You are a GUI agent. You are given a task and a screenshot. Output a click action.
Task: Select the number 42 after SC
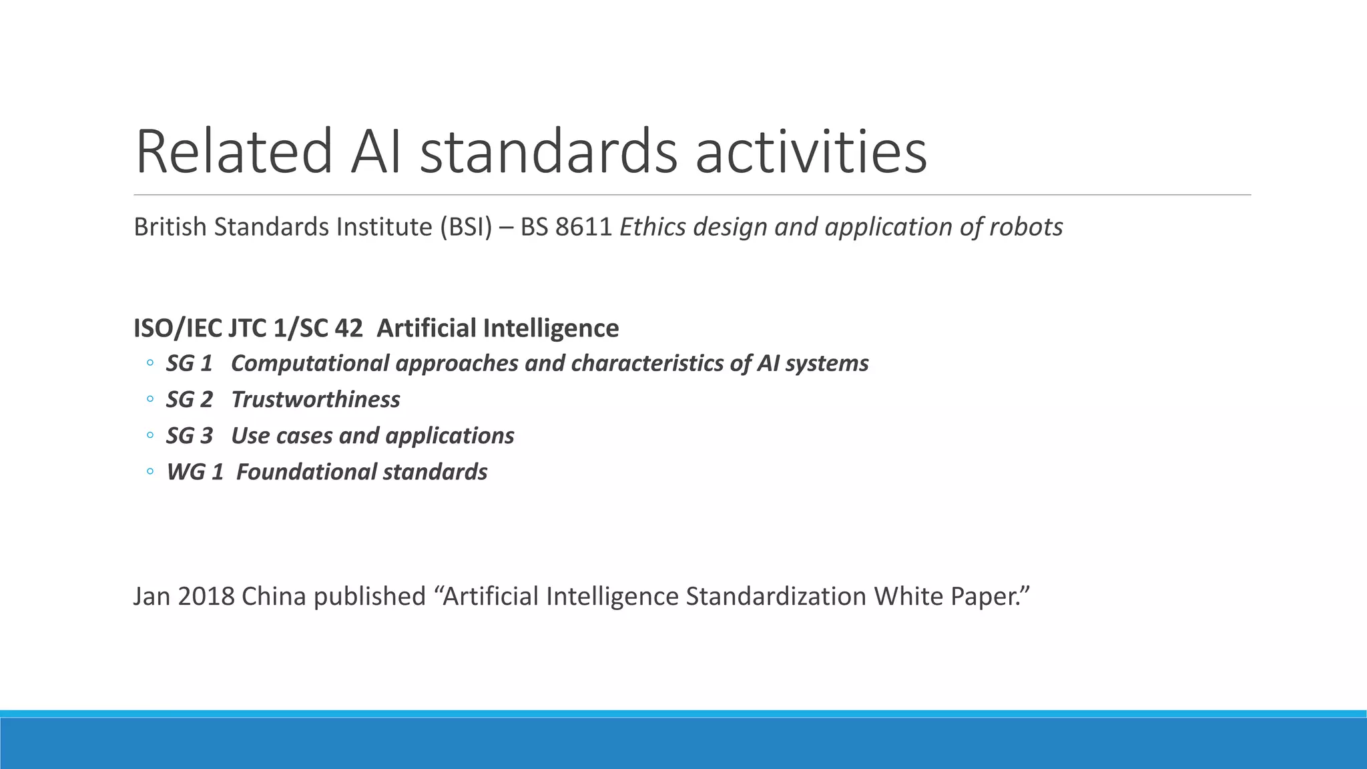point(349,328)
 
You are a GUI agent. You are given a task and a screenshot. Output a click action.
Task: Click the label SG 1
point(190,363)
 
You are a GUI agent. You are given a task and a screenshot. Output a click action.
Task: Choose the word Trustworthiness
point(316,400)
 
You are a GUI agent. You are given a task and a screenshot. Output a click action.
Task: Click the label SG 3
point(190,436)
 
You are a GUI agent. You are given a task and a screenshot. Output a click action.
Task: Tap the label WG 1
point(195,472)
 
